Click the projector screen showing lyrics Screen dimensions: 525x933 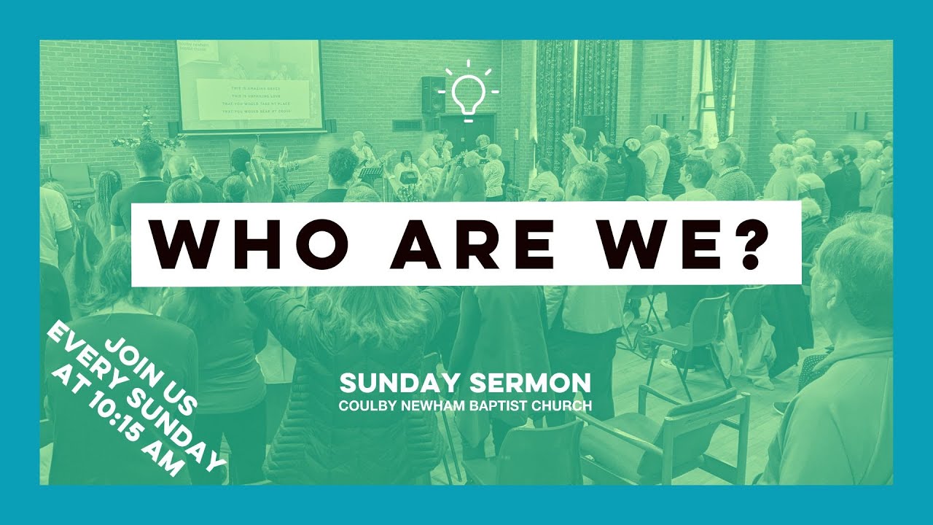point(250,85)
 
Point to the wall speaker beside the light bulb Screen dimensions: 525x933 point(433,95)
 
